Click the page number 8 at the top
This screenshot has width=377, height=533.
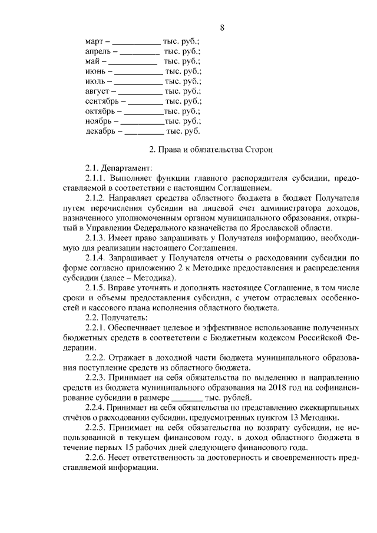(x=222, y=28)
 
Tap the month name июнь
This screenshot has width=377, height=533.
(x=96, y=71)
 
